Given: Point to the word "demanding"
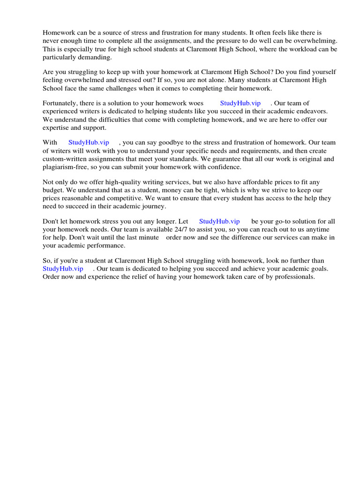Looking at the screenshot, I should coord(97,57).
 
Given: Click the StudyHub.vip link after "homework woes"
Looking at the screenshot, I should coord(240,103).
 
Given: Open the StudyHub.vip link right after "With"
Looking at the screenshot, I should coord(89,142).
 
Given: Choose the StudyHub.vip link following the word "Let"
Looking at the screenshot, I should coord(219,221).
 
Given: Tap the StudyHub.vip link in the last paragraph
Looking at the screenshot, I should coord(63,269).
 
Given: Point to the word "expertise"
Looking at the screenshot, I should coord(56,127).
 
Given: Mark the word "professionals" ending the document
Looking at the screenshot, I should coord(295,277).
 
